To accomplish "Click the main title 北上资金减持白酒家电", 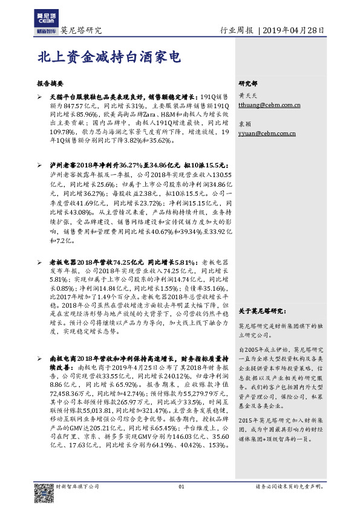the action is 108,57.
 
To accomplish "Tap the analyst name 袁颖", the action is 245,123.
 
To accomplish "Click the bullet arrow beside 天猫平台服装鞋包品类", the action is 39,96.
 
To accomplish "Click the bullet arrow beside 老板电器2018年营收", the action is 39,262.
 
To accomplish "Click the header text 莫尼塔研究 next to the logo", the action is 80,30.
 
